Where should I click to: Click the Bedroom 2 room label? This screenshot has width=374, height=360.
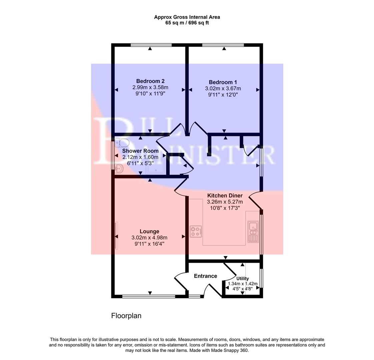150,81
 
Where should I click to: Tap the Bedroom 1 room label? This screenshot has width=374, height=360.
223,82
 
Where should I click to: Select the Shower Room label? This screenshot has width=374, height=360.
140,151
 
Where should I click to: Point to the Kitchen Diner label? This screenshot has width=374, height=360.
225,196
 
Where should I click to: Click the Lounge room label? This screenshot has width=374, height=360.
149,231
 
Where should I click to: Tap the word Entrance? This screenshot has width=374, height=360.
205,276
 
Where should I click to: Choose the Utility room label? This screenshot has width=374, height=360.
242,279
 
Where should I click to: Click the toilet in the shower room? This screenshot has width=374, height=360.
122,143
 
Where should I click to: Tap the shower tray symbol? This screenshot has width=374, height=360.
155,167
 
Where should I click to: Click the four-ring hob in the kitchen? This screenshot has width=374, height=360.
196,231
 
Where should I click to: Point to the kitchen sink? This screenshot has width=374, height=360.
253,232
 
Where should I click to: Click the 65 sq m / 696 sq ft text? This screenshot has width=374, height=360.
187,23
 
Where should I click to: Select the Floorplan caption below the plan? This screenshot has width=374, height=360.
126,316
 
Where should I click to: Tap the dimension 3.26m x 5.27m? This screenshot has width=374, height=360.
225,202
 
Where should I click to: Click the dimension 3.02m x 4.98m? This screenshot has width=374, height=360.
149,238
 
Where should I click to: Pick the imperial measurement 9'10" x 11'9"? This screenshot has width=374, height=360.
150,94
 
